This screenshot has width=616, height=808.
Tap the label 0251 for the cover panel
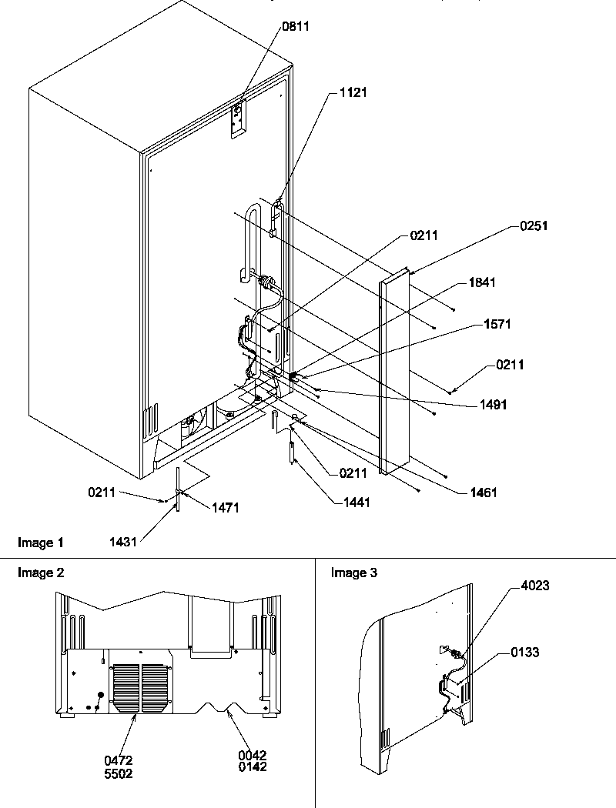528,227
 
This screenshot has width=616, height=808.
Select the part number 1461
481,492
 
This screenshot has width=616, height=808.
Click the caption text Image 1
41,543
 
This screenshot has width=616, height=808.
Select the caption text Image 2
41,573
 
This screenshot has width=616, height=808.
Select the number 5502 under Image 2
119,767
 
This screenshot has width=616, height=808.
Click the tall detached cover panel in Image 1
394,377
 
